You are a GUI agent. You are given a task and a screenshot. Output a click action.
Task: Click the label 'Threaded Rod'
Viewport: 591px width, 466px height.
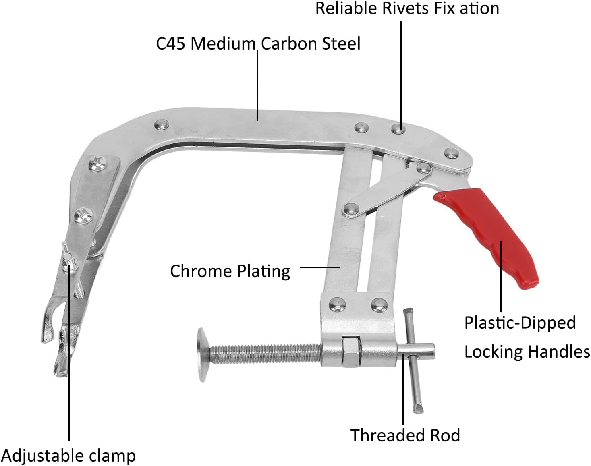tap(405, 435)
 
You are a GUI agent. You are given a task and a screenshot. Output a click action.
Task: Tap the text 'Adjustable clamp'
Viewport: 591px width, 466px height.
tap(68, 456)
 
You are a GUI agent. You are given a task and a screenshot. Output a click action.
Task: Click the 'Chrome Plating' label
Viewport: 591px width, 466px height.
tap(230, 271)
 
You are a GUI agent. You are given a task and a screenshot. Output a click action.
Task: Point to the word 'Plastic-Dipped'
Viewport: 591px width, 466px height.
tap(520, 323)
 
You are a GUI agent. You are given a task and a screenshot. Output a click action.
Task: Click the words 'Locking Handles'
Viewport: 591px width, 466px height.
tap(527, 352)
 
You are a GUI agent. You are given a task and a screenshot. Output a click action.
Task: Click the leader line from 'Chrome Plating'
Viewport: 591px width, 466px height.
tap(320, 267)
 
